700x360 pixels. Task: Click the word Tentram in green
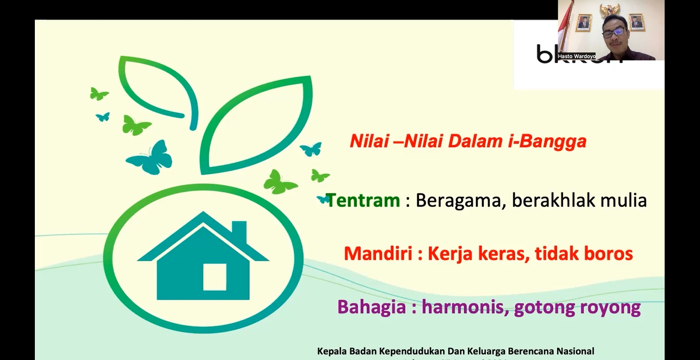point(363,200)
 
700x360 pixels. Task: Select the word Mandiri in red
point(379,253)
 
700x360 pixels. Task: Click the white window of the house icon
point(214,277)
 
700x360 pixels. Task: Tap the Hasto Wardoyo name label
point(577,56)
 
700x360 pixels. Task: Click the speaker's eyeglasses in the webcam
point(613,32)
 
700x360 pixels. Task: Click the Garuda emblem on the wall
point(610,10)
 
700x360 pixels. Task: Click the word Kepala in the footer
point(332,351)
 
